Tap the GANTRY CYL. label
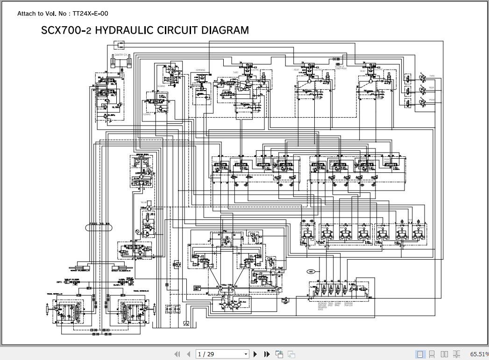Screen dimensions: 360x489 (x=121, y=55)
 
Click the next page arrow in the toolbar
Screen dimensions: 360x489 (x=255, y=354)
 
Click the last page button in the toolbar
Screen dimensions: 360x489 (x=267, y=354)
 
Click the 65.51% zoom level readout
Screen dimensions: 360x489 (x=479, y=354)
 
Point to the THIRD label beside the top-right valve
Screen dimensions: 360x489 (x=432, y=76)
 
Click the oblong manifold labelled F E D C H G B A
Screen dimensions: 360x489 (x=99, y=228)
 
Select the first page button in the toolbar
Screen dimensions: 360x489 (x=177, y=354)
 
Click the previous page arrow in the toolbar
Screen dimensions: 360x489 (x=188, y=354)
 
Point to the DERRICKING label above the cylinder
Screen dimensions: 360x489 (x=200, y=71)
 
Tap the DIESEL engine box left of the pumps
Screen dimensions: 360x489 (x=197, y=288)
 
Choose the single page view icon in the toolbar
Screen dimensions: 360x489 (x=420, y=354)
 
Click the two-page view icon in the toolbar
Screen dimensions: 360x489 (x=444, y=354)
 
